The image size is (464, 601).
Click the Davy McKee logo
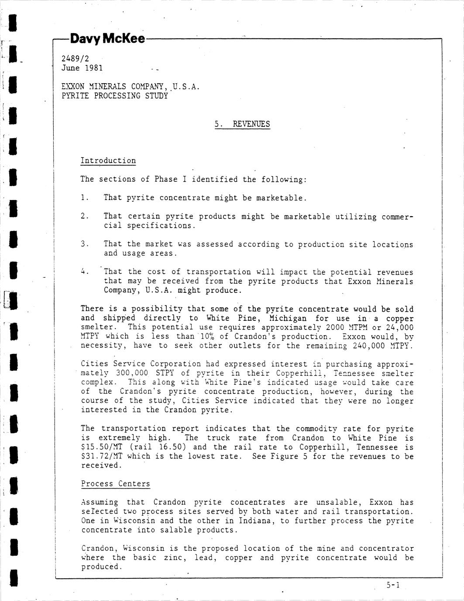pos(107,39)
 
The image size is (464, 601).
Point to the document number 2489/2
pos(76,59)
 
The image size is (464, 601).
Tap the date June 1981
pos(82,68)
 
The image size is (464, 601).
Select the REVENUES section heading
pos(251,124)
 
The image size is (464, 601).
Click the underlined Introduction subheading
pos(108,161)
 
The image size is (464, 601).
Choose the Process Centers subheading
pos(115,484)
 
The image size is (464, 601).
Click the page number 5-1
pos(393,585)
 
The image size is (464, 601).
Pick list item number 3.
pos(84,244)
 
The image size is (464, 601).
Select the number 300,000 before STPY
pos(132,374)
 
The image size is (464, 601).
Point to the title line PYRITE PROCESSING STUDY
pos(115,96)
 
